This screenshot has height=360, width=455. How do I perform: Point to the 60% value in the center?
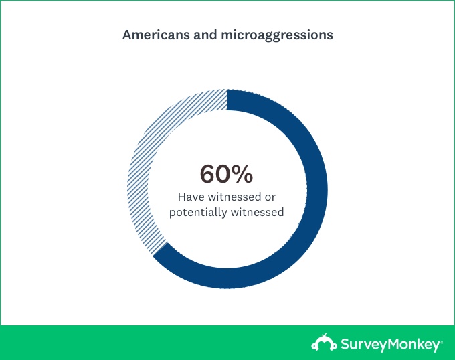pyautogui.click(x=227, y=174)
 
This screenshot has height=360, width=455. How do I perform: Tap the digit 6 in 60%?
pyautogui.click(x=209, y=174)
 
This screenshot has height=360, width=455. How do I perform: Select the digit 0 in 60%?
pyautogui.click(x=225, y=174)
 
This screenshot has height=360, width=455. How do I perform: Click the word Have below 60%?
pyautogui.click(x=190, y=197)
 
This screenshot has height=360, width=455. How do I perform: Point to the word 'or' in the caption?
pyautogui.click(x=270, y=197)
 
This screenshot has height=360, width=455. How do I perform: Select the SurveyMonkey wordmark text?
pyautogui.click(x=386, y=344)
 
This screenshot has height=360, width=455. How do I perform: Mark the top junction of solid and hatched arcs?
pyautogui.click(x=227, y=99)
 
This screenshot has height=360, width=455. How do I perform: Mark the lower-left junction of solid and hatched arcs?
pyautogui.click(x=159, y=252)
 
